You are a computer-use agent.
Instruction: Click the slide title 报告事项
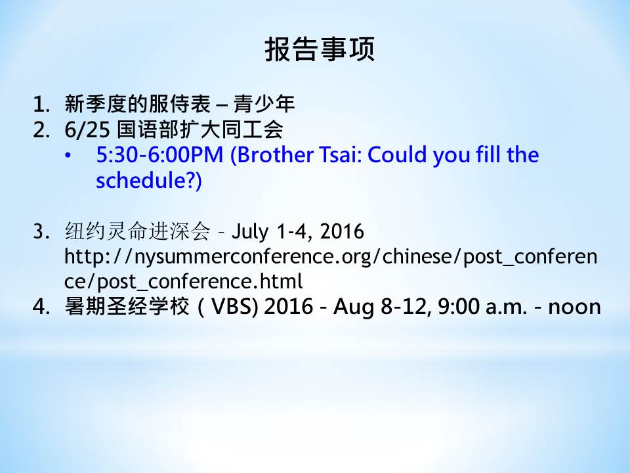320,49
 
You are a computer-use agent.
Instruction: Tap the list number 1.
41,104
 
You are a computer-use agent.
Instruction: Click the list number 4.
41,307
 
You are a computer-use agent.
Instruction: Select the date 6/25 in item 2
87,130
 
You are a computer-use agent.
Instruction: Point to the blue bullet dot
68,155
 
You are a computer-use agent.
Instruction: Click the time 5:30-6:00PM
159,155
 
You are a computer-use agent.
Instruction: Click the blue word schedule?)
149,180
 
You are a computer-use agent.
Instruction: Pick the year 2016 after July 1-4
342,231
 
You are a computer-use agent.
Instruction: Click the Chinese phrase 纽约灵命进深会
137,231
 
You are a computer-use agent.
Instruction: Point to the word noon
575,307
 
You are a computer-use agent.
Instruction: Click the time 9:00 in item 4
458,307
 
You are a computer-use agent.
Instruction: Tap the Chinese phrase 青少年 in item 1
264,104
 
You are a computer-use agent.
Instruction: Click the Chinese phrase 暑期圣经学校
127,307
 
